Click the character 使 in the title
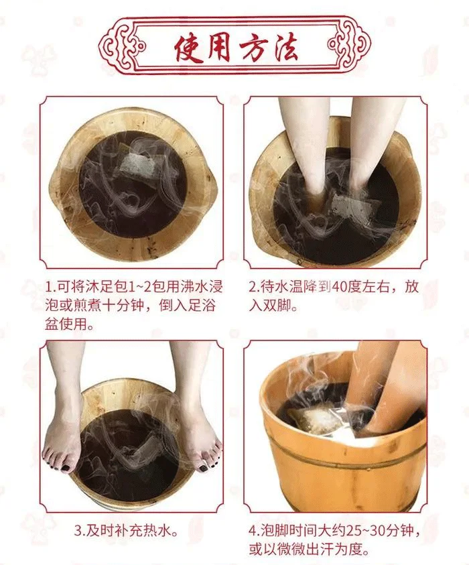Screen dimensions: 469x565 point(188,48)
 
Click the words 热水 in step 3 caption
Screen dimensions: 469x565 point(157,531)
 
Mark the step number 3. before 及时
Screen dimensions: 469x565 point(79,531)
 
